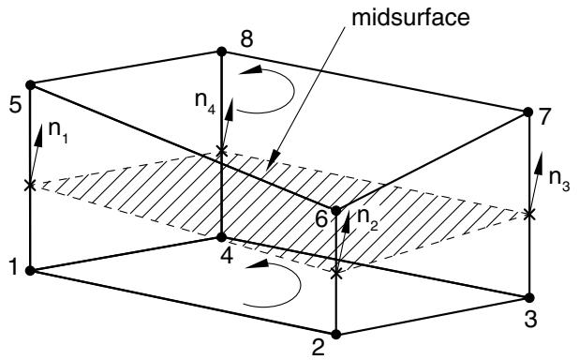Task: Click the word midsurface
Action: [x=410, y=18]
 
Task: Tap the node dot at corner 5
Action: [x=30, y=85]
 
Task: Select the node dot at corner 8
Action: [x=221, y=52]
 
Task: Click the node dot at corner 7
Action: [x=528, y=112]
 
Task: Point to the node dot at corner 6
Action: [x=336, y=211]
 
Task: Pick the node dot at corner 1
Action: [x=30, y=271]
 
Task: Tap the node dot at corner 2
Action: [x=336, y=335]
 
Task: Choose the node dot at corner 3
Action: [x=529, y=297]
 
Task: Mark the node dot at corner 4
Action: [x=221, y=237]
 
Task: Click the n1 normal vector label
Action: [x=58, y=131]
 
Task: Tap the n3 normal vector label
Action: [x=559, y=180]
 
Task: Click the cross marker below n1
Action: [x=30, y=185]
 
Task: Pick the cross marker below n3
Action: [x=529, y=214]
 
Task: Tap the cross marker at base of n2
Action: [x=336, y=274]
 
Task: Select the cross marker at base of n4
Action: [x=221, y=151]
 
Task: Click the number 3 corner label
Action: [x=530, y=320]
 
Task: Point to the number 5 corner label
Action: [x=16, y=106]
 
